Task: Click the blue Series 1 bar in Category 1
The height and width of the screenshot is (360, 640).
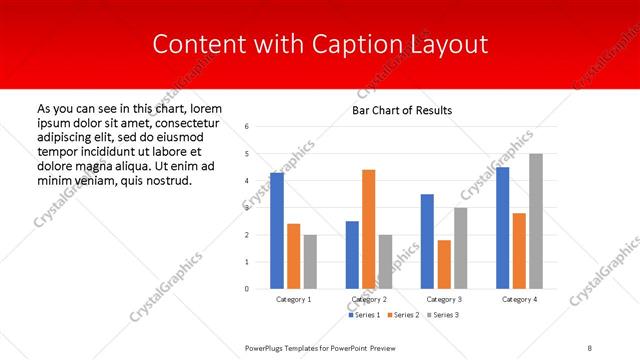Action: pos(276,231)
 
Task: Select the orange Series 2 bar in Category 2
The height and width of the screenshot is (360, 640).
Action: pos(368,229)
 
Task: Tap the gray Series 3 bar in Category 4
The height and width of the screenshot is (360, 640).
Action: pos(536,221)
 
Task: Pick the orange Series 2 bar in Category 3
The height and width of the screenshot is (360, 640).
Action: pos(444,264)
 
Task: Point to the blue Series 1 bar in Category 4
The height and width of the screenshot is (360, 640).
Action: pos(502,228)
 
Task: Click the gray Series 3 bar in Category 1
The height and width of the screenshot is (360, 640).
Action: pos(310,262)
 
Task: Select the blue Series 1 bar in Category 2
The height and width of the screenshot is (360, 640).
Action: pos(352,255)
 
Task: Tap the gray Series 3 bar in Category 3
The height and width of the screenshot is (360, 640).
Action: pos(460,248)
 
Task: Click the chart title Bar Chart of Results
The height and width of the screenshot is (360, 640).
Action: pos(402,110)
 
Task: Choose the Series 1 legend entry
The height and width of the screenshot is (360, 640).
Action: pos(364,315)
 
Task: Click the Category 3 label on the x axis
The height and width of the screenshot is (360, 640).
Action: pos(443,299)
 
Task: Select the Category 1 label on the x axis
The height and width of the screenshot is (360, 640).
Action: pos(293,299)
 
